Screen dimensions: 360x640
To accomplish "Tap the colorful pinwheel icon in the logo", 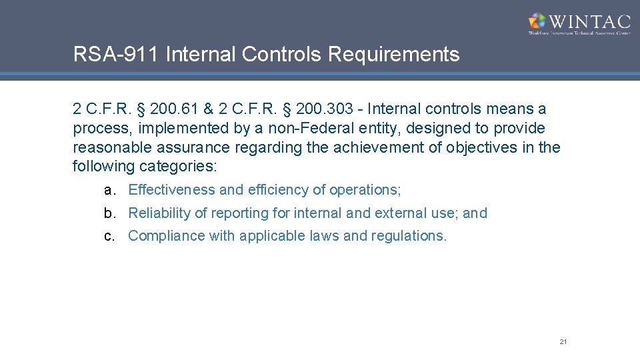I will coord(537,21).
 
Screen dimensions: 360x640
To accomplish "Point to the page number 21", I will coord(563,342).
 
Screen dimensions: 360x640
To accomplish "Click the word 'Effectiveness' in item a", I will coord(171,190).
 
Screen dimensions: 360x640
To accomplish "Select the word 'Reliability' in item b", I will coord(161,213).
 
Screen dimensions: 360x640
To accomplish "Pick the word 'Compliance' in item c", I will coord(166,236).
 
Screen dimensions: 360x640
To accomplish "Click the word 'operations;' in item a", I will coord(365,190).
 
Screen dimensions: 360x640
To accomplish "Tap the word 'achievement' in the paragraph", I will coord(349,147).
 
